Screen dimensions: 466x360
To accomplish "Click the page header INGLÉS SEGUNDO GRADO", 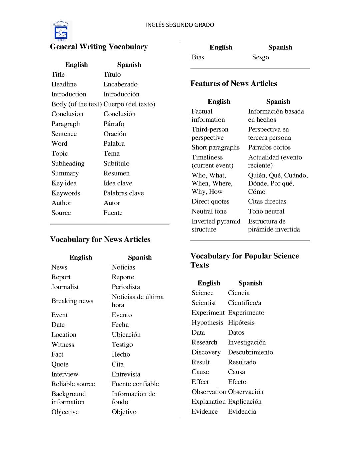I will click(x=180, y=25).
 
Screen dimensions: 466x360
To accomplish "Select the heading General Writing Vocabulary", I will click(x=99, y=47).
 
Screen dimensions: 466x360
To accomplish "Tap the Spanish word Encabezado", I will click(x=120, y=84).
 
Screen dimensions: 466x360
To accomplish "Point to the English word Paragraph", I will click(x=66, y=124).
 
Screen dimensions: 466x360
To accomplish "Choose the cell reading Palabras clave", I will click(x=123, y=193).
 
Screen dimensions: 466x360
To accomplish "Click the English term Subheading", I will click(x=68, y=163).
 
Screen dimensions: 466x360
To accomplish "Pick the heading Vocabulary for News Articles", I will click(x=100, y=240).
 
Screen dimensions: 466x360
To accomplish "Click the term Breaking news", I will click(x=72, y=301).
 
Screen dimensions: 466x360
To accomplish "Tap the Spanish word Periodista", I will click(x=126, y=287).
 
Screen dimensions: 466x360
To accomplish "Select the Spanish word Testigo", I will click(x=122, y=345).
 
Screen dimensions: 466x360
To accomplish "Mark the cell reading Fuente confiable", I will click(x=135, y=384).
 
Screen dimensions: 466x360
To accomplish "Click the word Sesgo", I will click(x=260, y=57).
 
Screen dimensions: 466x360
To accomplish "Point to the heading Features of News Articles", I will click(x=233, y=83).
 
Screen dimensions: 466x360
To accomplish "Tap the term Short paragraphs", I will click(x=215, y=147).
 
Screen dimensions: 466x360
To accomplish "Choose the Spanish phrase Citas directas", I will click(x=267, y=201).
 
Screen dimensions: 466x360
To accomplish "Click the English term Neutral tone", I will click(x=209, y=211).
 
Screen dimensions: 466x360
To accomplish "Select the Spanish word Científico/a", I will click(x=244, y=303).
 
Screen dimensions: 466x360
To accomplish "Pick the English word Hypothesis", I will click(x=207, y=323).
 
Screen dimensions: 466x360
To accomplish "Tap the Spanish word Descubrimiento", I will click(x=250, y=352).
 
